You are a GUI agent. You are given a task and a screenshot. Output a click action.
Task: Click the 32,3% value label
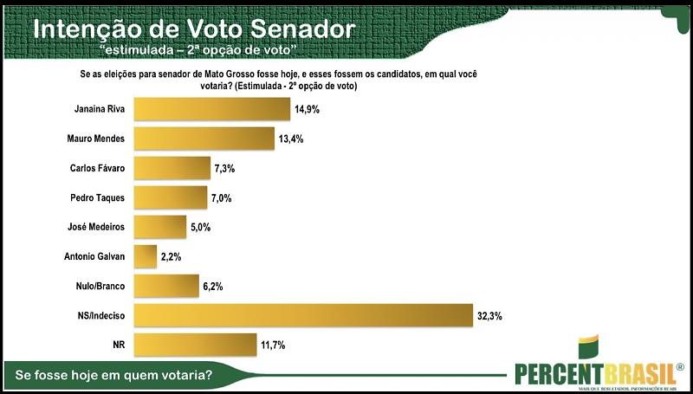click(489, 315)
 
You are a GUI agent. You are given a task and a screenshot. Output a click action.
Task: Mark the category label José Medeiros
click(97, 227)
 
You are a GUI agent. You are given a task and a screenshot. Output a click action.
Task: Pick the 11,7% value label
click(273, 345)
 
